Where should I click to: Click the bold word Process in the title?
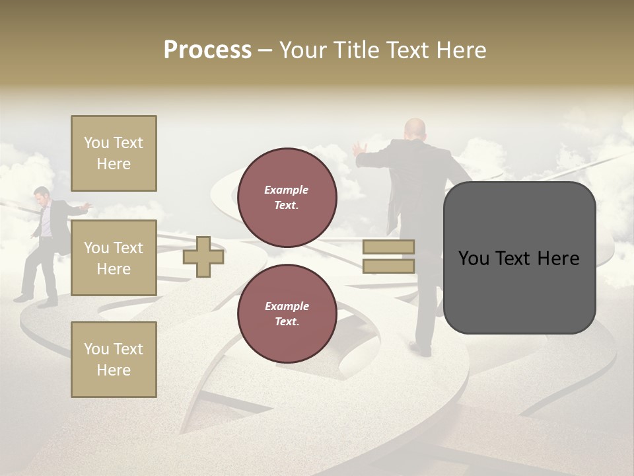pyautogui.click(x=207, y=50)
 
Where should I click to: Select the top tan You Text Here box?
pyautogui.click(x=114, y=153)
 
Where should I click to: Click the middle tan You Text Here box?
pyautogui.click(x=114, y=258)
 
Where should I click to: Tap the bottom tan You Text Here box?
pyautogui.click(x=114, y=359)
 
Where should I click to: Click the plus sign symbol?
pyautogui.click(x=203, y=257)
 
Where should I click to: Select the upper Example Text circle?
pyautogui.click(x=287, y=197)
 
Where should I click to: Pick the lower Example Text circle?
pyautogui.click(x=287, y=313)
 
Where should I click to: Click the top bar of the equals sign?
pyautogui.click(x=388, y=247)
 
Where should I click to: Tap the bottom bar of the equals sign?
pyautogui.click(x=388, y=266)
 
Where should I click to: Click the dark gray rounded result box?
pyautogui.click(x=519, y=258)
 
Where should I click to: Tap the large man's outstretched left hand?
pyautogui.click(x=359, y=148)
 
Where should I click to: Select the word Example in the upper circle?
pyautogui.click(x=287, y=190)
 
